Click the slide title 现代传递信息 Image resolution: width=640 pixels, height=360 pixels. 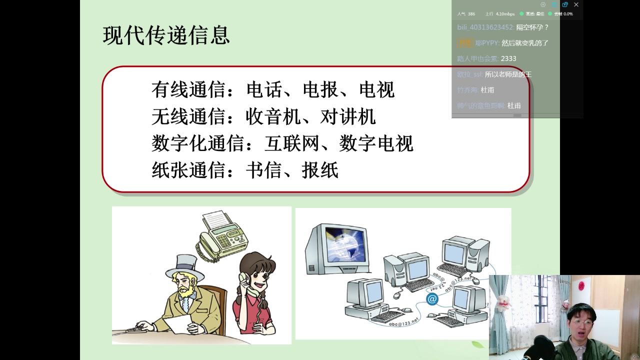point(166,35)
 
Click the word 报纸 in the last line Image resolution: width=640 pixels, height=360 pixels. point(320,170)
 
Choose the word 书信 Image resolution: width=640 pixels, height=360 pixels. point(264,170)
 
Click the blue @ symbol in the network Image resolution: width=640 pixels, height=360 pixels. point(432,299)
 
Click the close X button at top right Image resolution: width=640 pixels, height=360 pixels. point(576,4)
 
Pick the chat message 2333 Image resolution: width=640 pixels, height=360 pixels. point(508,58)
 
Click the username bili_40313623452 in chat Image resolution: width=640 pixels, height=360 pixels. point(485,27)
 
